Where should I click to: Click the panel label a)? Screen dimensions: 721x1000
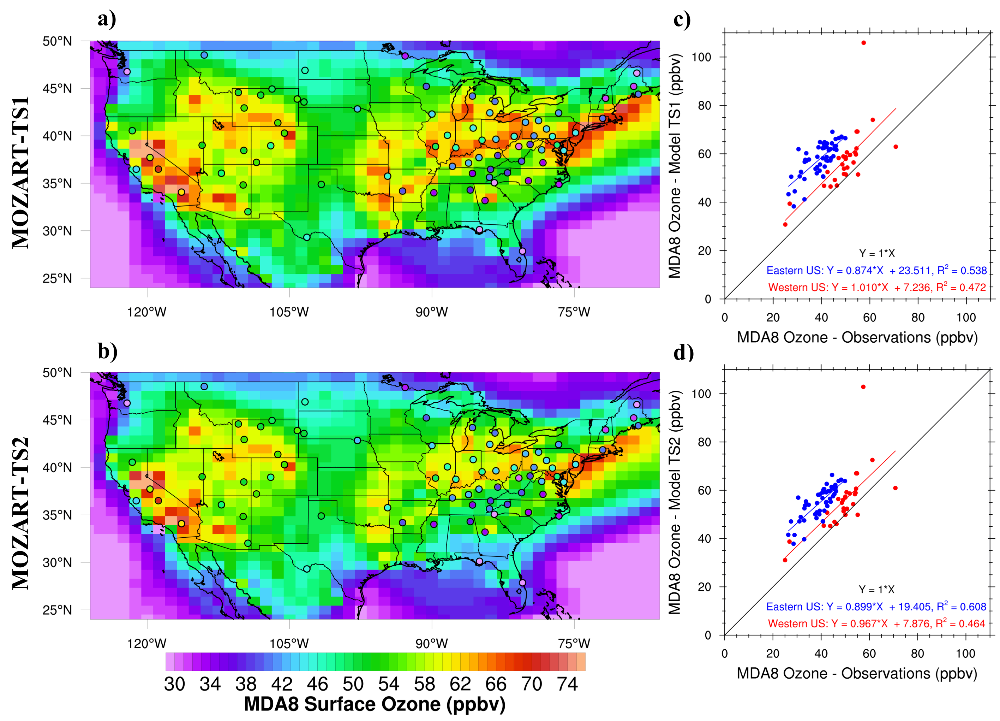[x=107, y=19]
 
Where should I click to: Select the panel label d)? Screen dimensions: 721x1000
[x=683, y=352]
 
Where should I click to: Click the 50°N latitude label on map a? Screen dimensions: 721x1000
[x=57, y=41]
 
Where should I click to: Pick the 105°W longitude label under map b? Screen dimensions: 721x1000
[x=289, y=643]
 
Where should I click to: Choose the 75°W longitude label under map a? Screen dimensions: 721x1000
[x=574, y=312]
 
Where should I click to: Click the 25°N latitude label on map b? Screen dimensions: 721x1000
[x=57, y=610]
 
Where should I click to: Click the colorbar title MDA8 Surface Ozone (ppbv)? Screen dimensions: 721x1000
[x=375, y=704]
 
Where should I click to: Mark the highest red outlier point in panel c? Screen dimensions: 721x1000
[x=863, y=43]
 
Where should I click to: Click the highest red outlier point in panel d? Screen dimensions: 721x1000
[x=863, y=387]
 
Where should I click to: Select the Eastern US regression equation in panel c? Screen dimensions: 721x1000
[x=876, y=271]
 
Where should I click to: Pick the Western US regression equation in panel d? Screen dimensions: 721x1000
[x=876, y=624]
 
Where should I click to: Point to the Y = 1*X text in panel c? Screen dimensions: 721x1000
[x=876, y=253]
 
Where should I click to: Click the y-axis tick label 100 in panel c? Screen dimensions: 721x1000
[x=701, y=57]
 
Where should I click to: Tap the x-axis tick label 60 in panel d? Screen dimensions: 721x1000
[x=869, y=654]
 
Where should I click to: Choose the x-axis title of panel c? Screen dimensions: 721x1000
[x=857, y=338]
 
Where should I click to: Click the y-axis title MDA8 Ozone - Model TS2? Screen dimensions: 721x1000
[x=675, y=502]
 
